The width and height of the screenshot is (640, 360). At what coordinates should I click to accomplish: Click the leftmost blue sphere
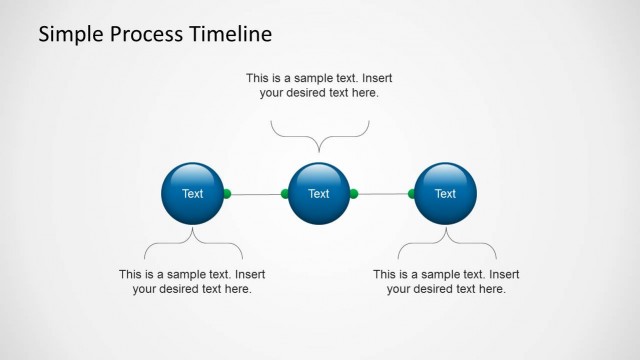pos(192,193)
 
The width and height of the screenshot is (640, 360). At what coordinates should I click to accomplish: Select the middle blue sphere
pos(318,193)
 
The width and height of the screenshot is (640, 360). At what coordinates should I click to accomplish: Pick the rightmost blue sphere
pos(445,193)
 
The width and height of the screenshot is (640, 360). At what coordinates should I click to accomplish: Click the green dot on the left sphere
pos(227,193)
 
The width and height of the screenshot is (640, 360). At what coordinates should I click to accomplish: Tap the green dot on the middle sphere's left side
pos(285,193)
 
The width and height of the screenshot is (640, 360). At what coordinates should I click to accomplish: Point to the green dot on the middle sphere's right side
pos(353,193)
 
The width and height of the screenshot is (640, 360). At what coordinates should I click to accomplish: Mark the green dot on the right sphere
pos(412,193)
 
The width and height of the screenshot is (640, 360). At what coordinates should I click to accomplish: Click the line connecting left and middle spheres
pos(256,193)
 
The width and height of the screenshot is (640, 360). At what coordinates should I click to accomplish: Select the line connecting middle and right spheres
pos(382,193)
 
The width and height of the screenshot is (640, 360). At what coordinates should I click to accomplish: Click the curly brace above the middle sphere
pos(320,136)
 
